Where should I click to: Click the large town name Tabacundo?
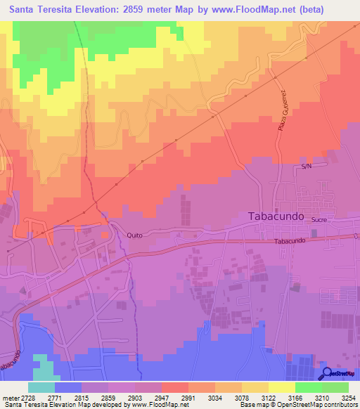pos(277,217)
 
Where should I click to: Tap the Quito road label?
pos(135,235)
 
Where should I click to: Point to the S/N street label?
pos(306,167)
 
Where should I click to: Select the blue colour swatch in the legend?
pos(67,387)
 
